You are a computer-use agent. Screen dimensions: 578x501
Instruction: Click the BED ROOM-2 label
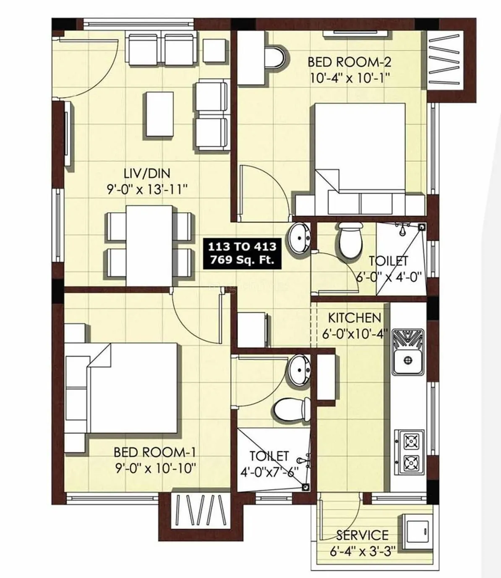pyautogui.click(x=349, y=62)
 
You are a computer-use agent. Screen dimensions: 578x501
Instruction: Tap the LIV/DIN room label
pyautogui.click(x=146, y=173)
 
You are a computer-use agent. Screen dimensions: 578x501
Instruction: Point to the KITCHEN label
pyautogui.click(x=354, y=317)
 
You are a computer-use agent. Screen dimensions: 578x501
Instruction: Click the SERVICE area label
pyautogui.click(x=362, y=535)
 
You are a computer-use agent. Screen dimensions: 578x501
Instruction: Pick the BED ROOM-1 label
pyautogui.click(x=155, y=452)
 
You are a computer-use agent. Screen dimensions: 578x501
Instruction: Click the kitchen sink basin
pyautogui.click(x=407, y=360)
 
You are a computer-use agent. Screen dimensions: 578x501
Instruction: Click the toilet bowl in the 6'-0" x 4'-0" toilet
pyautogui.click(x=350, y=240)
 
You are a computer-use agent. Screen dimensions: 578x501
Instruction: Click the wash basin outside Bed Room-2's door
pyautogui.click(x=298, y=238)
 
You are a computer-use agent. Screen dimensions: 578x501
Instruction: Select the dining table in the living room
pyautogui.click(x=150, y=245)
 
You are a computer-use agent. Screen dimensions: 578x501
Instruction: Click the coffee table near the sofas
pyautogui.click(x=159, y=114)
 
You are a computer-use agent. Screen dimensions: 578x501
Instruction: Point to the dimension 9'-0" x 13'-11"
pyautogui.click(x=146, y=189)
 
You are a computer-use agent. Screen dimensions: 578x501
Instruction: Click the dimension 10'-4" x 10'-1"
pyautogui.click(x=350, y=78)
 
